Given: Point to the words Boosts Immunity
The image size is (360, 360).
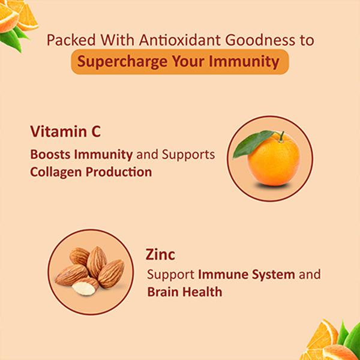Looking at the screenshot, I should pyautogui.click(x=81, y=155).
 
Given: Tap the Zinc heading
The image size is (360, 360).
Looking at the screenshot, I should pyautogui.click(x=160, y=255).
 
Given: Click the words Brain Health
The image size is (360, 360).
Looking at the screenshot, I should pyautogui.click(x=185, y=293).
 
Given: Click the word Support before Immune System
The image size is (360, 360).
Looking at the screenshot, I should pyautogui.click(x=171, y=275).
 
